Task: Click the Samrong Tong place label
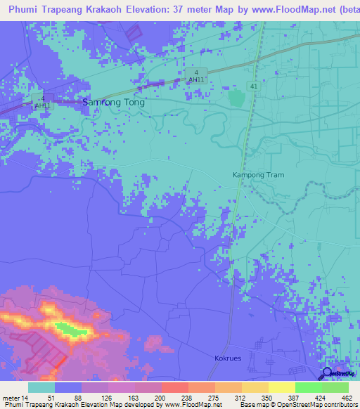[x=114, y=102]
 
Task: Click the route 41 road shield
[x=251, y=86]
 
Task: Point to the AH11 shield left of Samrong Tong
[x=43, y=102]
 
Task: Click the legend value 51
[x=41, y=398]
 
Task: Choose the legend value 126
[x=94, y=398]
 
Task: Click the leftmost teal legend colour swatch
[x=41, y=387]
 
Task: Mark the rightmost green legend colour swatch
[x=335, y=387]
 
